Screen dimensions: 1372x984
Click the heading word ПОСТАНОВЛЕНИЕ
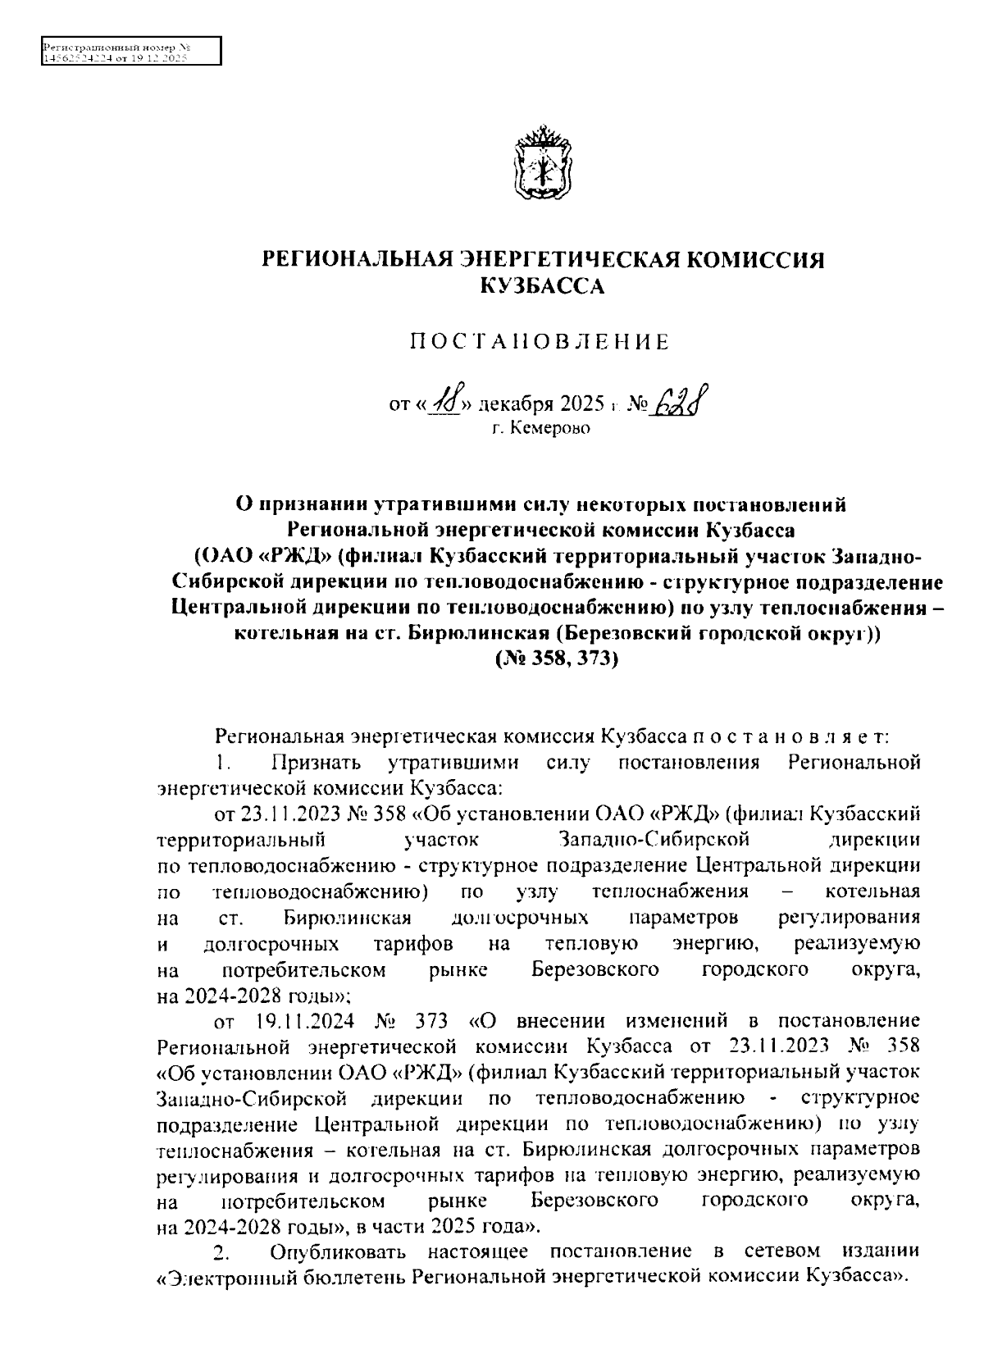(x=540, y=342)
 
